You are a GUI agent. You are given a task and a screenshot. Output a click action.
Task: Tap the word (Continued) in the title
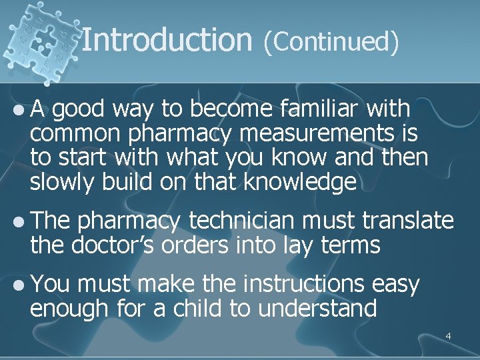tap(331, 41)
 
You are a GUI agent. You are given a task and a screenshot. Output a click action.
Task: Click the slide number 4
tap(448, 336)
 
